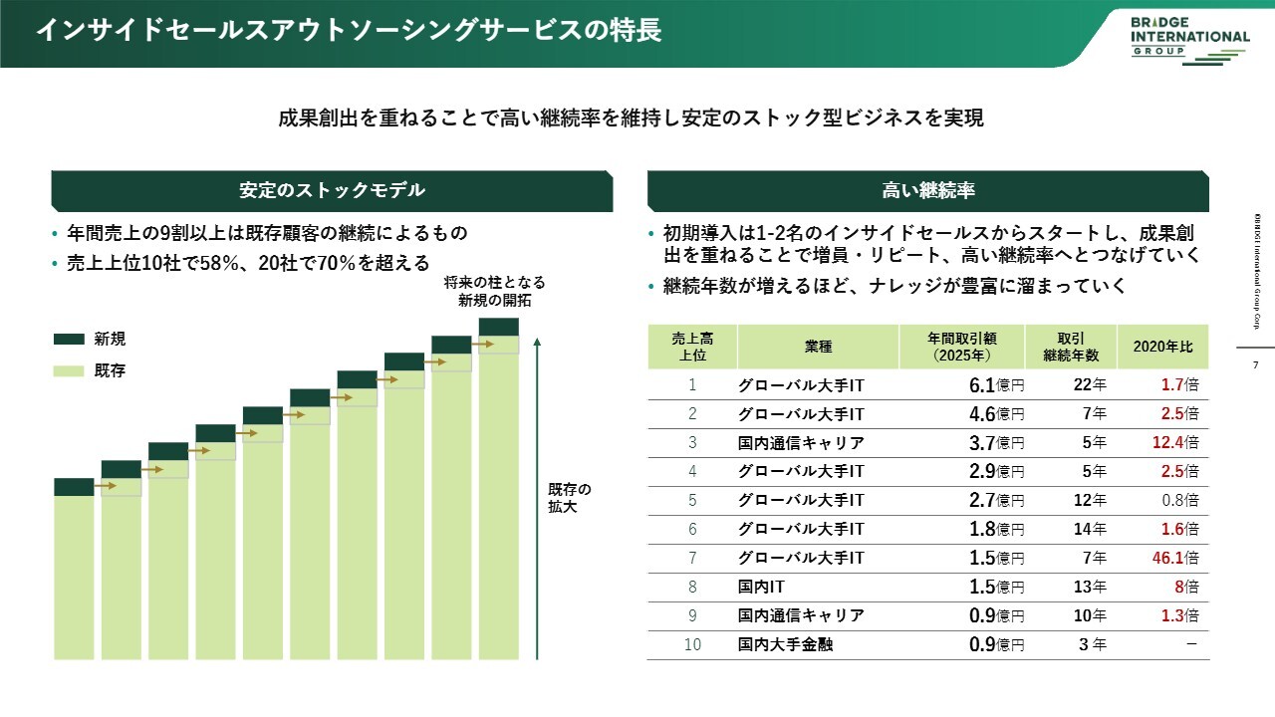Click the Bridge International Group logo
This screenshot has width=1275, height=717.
pyautogui.click(x=1189, y=37)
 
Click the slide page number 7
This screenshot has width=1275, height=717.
pyautogui.click(x=1254, y=365)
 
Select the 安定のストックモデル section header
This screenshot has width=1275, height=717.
pyautogui.click(x=332, y=190)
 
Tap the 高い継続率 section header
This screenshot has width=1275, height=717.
pyautogui.click(x=927, y=190)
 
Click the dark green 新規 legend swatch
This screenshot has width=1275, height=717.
pyautogui.click(x=69, y=340)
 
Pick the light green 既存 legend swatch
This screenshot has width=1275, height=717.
pyautogui.click(x=69, y=370)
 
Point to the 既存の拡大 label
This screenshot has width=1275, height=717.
pyautogui.click(x=569, y=498)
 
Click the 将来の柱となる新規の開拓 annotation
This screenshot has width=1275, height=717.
pyautogui.click(x=495, y=292)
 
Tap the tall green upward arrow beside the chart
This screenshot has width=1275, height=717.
pyautogui.click(x=537, y=498)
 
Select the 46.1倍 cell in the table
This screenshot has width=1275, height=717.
pyautogui.click(x=1175, y=559)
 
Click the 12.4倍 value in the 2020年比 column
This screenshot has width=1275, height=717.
pyautogui.click(x=1175, y=443)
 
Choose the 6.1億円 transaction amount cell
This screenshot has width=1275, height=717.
pyautogui.click(x=996, y=385)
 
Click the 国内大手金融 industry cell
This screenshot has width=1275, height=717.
pyautogui.click(x=786, y=645)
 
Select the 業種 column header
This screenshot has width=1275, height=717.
pyautogui.click(x=818, y=347)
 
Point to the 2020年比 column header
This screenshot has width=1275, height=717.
pyautogui.click(x=1162, y=347)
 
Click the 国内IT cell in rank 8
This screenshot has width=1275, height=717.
pyautogui.click(x=761, y=588)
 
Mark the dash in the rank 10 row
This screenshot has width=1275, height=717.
pyautogui.click(x=1191, y=644)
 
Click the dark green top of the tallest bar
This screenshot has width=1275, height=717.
pyautogui.click(x=498, y=327)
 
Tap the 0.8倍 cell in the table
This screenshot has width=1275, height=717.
pyautogui.click(x=1178, y=501)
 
